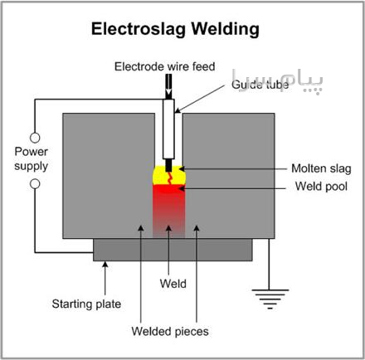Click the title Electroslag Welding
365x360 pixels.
coord(175,29)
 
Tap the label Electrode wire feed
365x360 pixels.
coord(165,66)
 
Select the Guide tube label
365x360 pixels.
coord(260,85)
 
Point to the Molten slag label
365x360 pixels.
coord(321,168)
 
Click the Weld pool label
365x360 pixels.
coord(321,186)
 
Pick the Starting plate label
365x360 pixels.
coord(86,304)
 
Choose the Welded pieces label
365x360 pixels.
coord(170,331)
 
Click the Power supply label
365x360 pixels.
coord(32,159)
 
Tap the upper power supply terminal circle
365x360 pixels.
coord(35,138)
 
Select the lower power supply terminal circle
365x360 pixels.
coord(35,184)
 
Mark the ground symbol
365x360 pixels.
coord(270,299)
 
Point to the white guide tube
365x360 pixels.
coord(168,129)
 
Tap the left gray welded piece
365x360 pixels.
coord(109,176)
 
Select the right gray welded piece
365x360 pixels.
coord(229,176)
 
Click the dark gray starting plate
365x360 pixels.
coord(173,250)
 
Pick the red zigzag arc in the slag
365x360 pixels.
coord(169,178)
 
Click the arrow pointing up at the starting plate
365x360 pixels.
coord(105,278)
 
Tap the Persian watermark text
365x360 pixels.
coord(277,80)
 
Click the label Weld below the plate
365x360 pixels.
coord(173,284)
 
